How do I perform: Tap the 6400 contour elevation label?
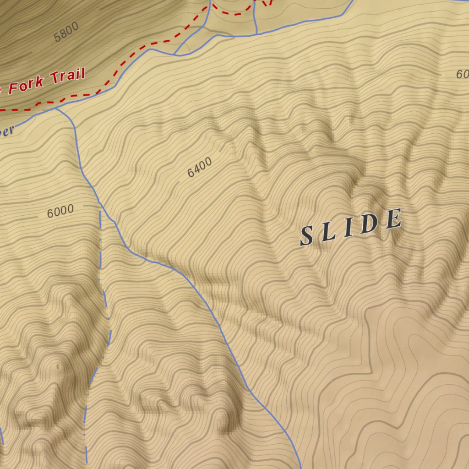point(200,167)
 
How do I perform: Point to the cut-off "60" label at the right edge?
point(462,74)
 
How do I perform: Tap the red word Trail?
point(68,76)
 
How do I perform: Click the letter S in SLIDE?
point(307,236)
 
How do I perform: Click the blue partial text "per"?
point(8,131)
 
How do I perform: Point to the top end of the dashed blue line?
point(100,212)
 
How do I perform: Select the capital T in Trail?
point(55,78)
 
